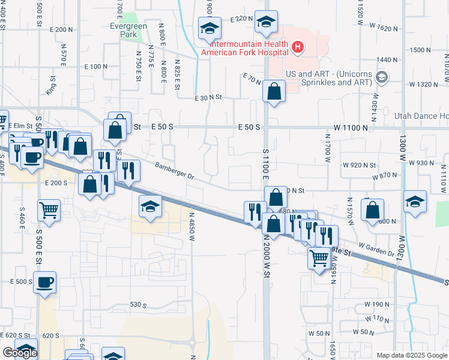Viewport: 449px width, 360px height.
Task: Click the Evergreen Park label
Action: click(x=124, y=31)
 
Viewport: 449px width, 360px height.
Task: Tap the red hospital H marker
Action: click(x=297, y=47)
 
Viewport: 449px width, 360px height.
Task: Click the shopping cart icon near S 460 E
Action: click(x=49, y=210)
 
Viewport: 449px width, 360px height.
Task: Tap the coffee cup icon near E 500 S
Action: click(x=45, y=282)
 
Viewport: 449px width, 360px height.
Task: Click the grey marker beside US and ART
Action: click(x=381, y=77)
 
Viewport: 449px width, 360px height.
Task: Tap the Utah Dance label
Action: click(x=421, y=116)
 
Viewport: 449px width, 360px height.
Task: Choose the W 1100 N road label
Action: click(x=351, y=128)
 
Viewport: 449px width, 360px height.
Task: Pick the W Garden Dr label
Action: click(x=376, y=249)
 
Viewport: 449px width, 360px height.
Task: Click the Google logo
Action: click(x=20, y=353)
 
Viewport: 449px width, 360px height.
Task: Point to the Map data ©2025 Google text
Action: click(x=411, y=355)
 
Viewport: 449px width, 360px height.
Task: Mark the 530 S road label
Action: click(x=139, y=305)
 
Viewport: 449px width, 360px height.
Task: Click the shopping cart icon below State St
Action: click(x=319, y=259)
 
